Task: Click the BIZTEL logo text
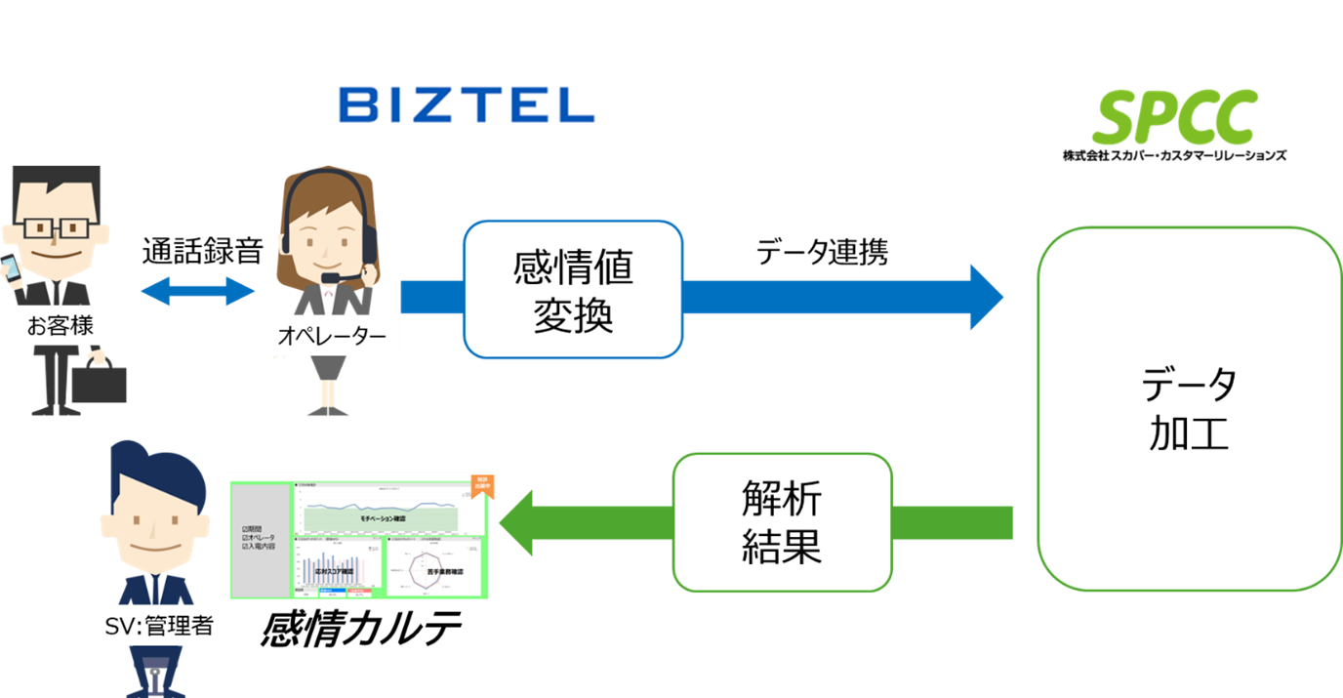click(467, 105)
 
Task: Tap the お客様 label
click(61, 325)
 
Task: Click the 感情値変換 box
click(572, 290)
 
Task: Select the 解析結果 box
click(782, 522)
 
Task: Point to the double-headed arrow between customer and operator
click(198, 290)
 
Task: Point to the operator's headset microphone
click(331, 278)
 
